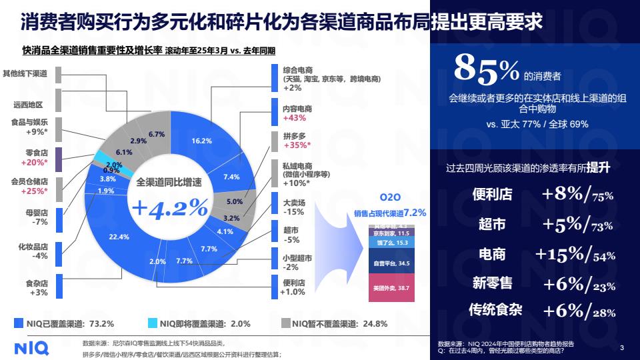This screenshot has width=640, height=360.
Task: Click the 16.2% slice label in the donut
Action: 201,141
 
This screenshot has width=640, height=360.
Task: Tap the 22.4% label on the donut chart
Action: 118,237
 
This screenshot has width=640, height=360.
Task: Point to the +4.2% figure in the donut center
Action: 170,208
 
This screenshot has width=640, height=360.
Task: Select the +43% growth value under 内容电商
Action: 294,118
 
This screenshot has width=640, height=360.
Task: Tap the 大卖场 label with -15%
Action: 293,203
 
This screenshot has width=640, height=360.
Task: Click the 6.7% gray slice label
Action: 157,134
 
